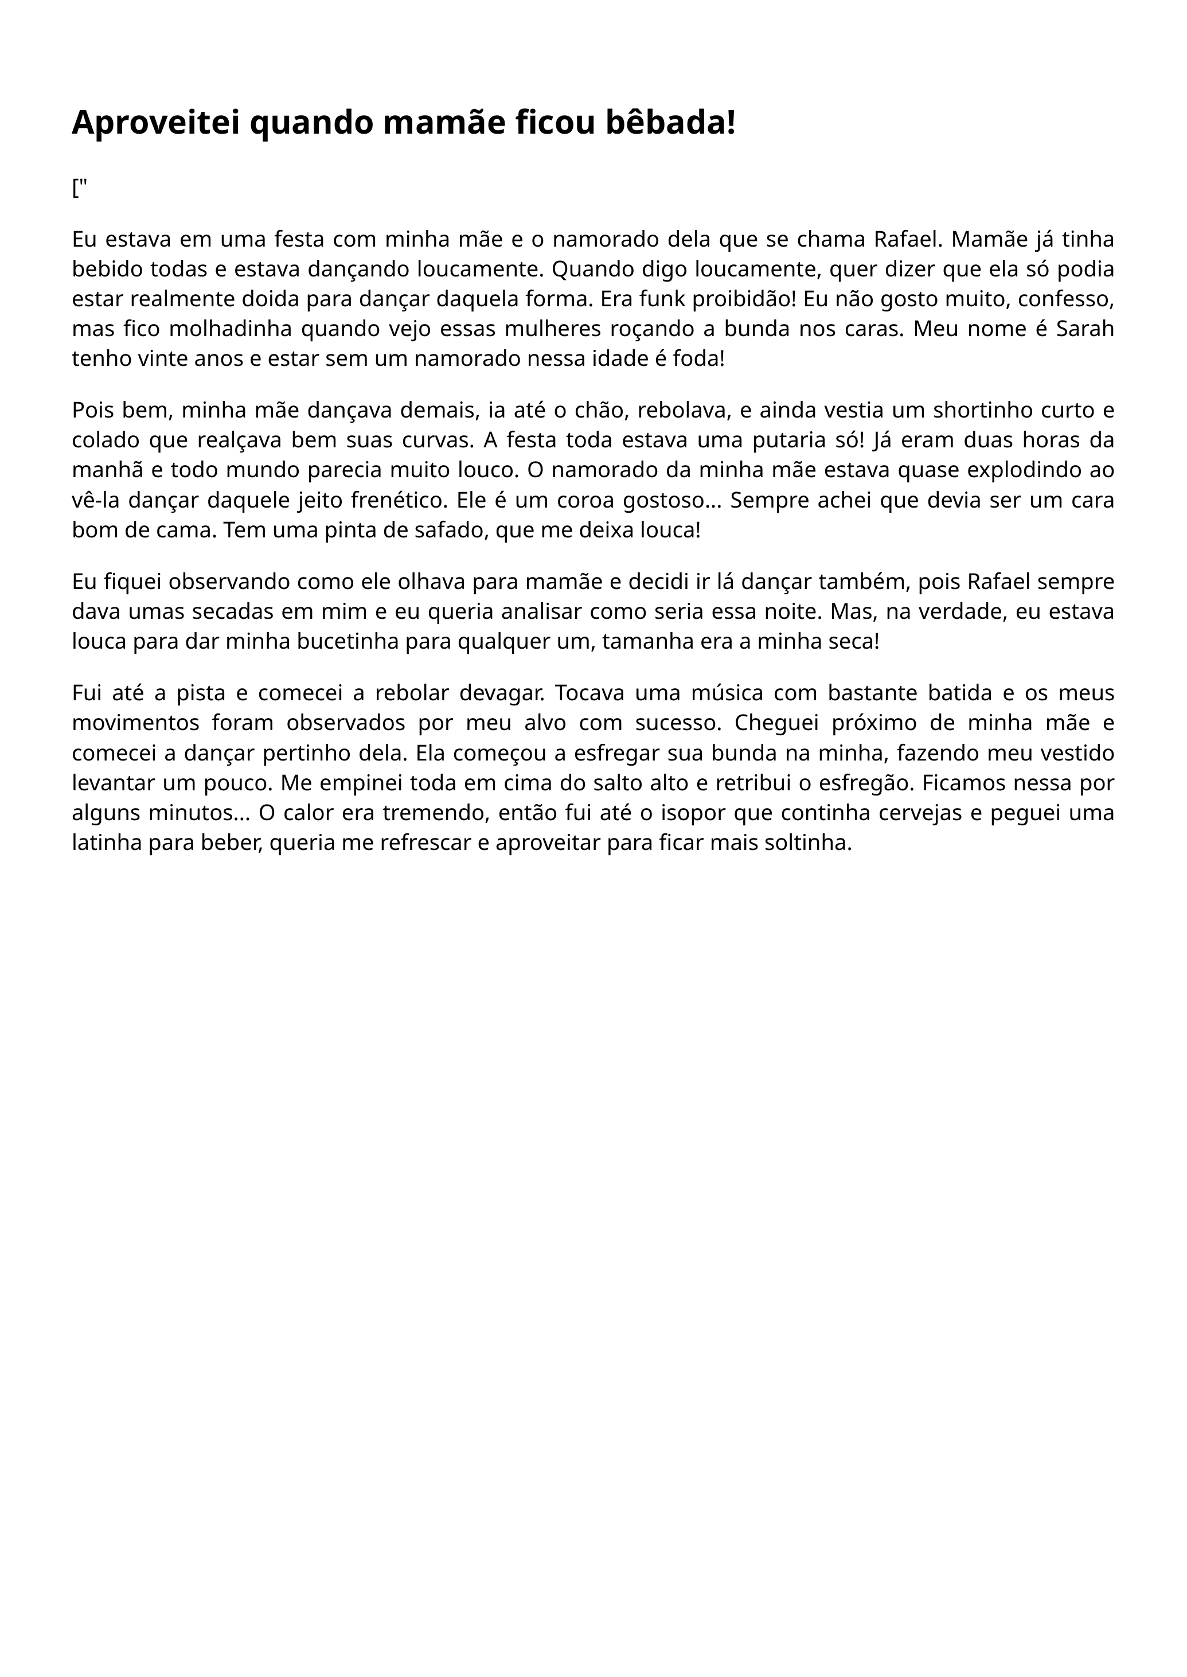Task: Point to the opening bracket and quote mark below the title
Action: tap(80, 189)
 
